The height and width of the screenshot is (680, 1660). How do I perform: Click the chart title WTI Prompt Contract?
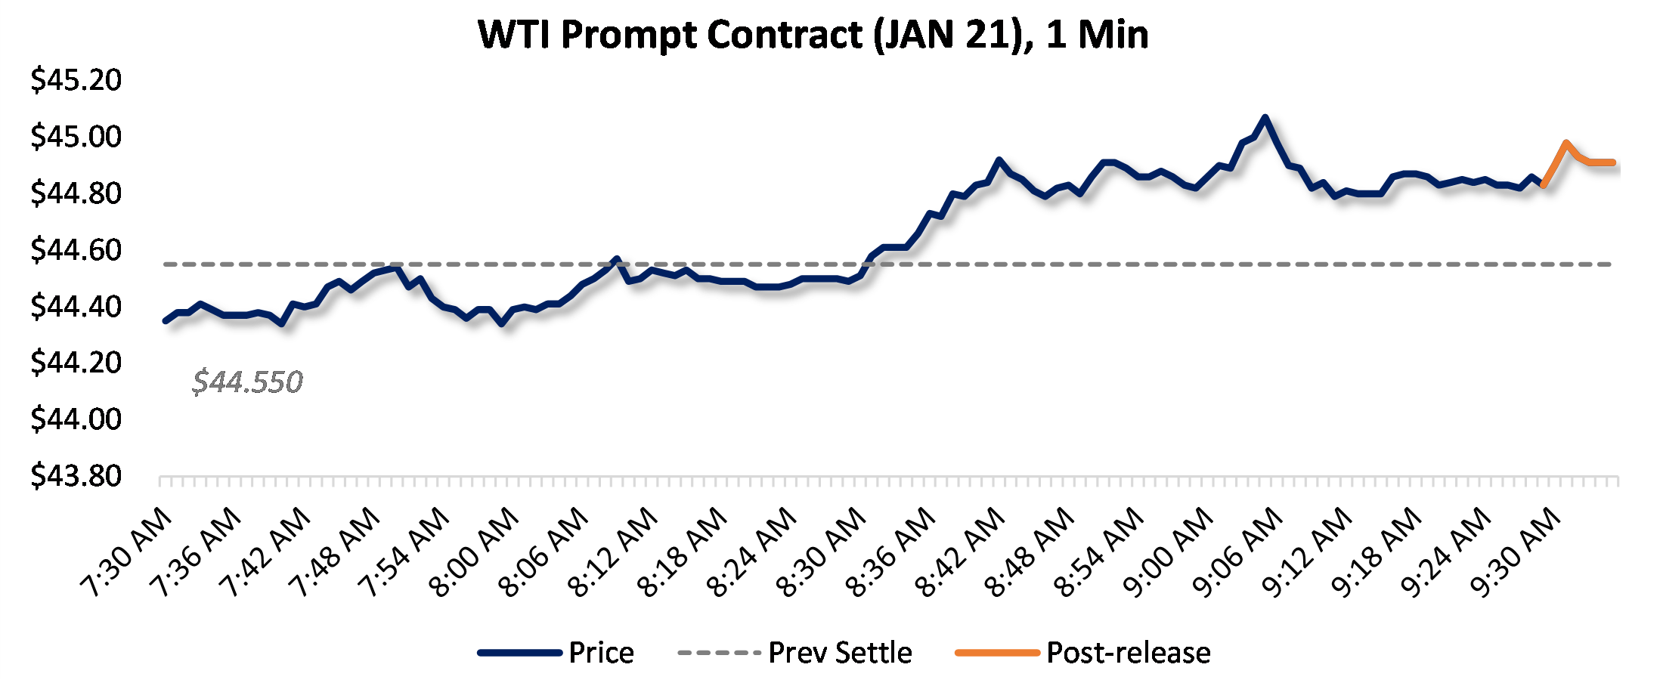click(x=813, y=35)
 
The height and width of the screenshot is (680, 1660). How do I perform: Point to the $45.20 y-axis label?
click(x=76, y=80)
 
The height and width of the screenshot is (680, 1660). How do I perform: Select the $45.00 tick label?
click(x=76, y=137)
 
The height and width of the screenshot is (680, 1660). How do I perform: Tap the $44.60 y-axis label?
click(x=76, y=250)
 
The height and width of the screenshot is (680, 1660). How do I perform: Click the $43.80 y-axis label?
click(x=76, y=476)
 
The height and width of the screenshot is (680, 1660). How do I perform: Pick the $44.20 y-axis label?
click(x=76, y=363)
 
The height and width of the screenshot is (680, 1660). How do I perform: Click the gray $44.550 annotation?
click(x=247, y=382)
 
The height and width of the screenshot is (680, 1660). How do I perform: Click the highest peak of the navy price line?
click(x=1265, y=118)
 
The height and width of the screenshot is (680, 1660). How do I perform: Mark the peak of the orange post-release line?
click(x=1566, y=142)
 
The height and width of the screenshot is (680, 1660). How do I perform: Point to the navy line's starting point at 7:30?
click(x=166, y=321)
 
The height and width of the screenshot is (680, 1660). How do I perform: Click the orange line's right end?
click(x=1613, y=162)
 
